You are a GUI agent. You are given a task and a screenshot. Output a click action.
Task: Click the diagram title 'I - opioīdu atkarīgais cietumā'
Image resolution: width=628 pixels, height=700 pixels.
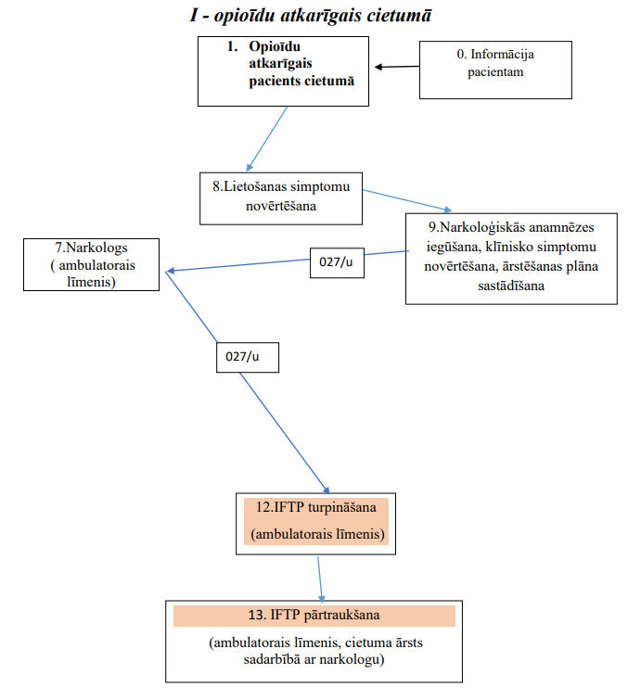pyautogui.click(x=311, y=16)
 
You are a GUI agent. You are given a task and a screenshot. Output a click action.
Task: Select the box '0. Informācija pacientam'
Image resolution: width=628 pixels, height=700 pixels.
pyautogui.click(x=495, y=70)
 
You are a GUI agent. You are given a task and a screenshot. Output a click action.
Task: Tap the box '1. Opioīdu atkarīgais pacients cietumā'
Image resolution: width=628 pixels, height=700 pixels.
pyautogui.click(x=283, y=71)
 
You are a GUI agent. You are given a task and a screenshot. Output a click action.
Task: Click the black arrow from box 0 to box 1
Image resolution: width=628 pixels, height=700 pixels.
pyautogui.click(x=397, y=67)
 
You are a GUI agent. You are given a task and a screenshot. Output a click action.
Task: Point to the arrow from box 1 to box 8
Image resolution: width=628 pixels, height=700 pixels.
pyautogui.click(x=266, y=139)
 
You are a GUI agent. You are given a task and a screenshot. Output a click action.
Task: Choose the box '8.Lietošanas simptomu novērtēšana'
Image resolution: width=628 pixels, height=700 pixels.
pyautogui.click(x=281, y=198)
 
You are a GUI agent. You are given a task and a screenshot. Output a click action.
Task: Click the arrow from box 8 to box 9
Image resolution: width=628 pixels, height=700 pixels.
pyautogui.click(x=407, y=200)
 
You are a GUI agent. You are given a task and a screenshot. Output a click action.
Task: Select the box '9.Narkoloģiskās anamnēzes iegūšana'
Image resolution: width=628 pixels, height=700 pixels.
pyautogui.click(x=511, y=259)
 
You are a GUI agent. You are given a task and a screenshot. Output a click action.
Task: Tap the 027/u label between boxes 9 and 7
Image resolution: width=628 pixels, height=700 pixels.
pyautogui.click(x=337, y=263)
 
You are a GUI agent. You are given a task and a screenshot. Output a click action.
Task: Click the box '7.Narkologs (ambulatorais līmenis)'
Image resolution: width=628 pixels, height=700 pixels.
pyautogui.click(x=91, y=265)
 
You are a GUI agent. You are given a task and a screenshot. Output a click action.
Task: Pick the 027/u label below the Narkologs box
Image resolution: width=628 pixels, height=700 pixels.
pyautogui.click(x=248, y=358)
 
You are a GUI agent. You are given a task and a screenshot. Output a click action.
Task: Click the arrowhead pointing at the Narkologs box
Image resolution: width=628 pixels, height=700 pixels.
pyautogui.click(x=170, y=271)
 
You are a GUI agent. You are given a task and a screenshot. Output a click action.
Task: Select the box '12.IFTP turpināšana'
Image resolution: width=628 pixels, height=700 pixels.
pyautogui.click(x=315, y=524)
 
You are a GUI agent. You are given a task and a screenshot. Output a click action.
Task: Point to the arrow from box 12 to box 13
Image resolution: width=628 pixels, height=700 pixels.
pyautogui.click(x=320, y=579)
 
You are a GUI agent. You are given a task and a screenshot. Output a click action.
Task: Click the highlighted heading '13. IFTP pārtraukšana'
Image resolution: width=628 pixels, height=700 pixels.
pyautogui.click(x=314, y=616)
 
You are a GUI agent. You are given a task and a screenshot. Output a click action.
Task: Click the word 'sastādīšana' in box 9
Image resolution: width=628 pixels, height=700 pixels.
pyautogui.click(x=511, y=286)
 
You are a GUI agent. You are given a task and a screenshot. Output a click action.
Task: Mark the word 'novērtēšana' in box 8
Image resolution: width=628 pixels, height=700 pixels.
pyautogui.click(x=281, y=206)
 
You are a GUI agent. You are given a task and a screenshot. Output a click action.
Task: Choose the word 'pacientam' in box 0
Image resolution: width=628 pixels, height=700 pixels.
pyautogui.click(x=495, y=72)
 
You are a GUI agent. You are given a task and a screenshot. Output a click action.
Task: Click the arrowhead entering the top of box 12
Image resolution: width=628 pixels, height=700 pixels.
pyautogui.click(x=327, y=490)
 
